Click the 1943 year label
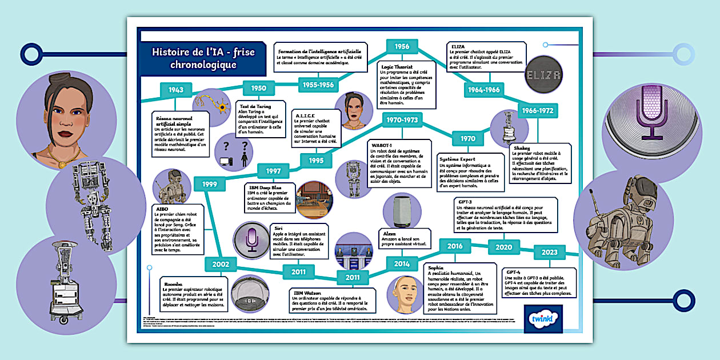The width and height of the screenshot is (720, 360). pyautogui.click(x=175, y=90)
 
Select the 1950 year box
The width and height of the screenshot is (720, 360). pyautogui.click(x=258, y=88)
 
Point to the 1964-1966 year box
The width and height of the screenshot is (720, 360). pyautogui.click(x=483, y=90)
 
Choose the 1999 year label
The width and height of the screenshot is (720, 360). pyautogui.click(x=210, y=184)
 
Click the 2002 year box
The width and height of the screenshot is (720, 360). pyautogui.click(x=221, y=264)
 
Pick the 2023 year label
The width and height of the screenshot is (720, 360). pyautogui.click(x=549, y=252)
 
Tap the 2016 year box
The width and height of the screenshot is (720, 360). pyautogui.click(x=455, y=246)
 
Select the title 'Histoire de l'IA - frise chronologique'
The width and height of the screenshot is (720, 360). pyautogui.click(x=203, y=58)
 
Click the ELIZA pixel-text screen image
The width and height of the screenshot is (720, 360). pyautogui.click(x=545, y=74)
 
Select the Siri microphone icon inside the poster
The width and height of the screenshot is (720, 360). pyautogui.click(x=252, y=241)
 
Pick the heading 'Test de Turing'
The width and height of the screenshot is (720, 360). pyautogui.click(x=255, y=106)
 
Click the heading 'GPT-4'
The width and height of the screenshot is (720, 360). pyautogui.click(x=513, y=272)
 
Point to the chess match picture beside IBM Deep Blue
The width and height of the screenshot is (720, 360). pyautogui.click(x=314, y=200)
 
